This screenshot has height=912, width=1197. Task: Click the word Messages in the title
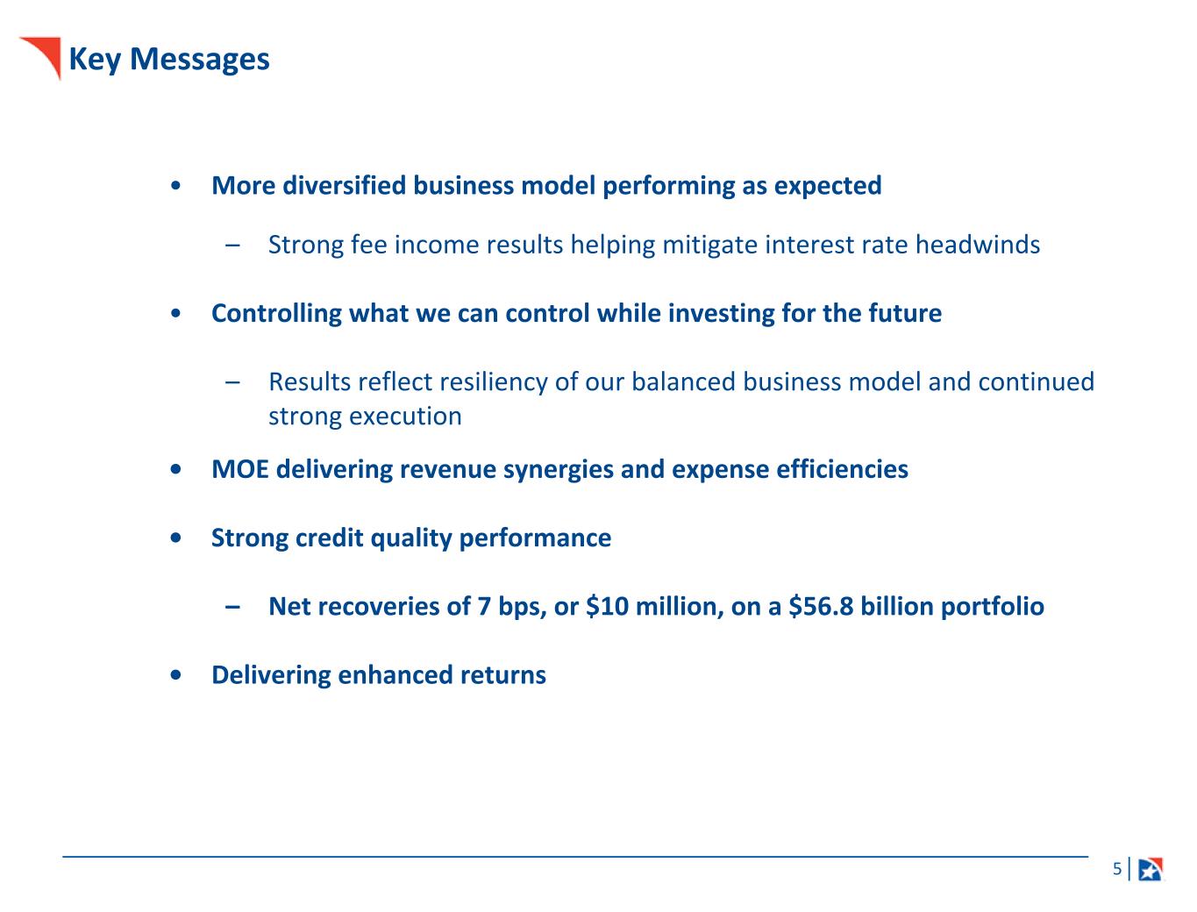point(199,59)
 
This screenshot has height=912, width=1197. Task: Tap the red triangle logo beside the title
point(45,54)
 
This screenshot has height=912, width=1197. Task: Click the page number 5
point(1117,868)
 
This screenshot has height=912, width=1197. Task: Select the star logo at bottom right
point(1151,869)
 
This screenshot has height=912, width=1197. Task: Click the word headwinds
point(977,244)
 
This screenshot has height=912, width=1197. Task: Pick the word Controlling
point(276,313)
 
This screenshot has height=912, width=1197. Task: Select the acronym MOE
point(240,469)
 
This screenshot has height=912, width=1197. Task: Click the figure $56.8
point(821,606)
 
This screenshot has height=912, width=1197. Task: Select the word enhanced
point(395,675)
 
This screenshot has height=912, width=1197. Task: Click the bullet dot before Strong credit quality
point(175,538)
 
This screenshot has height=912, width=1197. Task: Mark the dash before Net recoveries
point(232,606)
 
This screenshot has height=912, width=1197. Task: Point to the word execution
point(405,417)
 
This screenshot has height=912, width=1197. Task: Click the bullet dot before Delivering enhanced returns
point(175,675)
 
